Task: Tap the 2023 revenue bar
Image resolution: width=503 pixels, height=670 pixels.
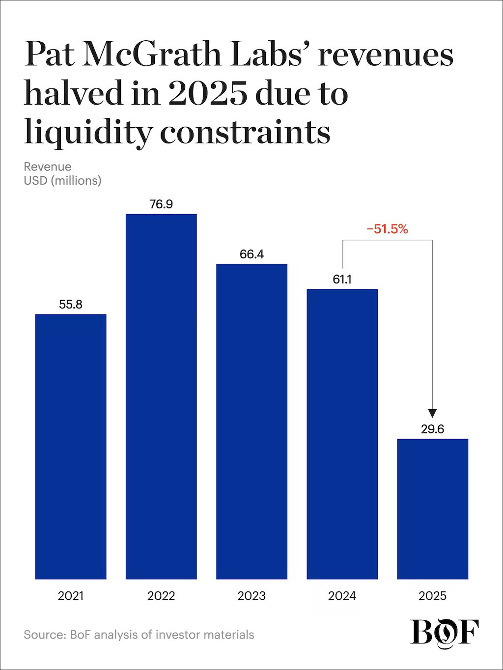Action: pyautogui.click(x=251, y=421)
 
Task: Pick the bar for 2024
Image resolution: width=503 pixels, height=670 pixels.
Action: pyautogui.click(x=342, y=434)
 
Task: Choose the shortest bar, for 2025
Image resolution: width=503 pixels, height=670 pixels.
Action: pyautogui.click(x=432, y=508)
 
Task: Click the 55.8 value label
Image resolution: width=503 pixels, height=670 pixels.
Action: pyautogui.click(x=71, y=305)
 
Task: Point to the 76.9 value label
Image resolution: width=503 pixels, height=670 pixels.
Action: pyautogui.click(x=161, y=204)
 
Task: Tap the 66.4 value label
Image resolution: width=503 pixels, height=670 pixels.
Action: pyautogui.click(x=251, y=254)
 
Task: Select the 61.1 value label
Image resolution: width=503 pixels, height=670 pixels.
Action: pyautogui.click(x=342, y=279)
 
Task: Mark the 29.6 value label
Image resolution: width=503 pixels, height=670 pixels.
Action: pyautogui.click(x=432, y=429)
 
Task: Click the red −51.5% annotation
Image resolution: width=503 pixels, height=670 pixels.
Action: pyautogui.click(x=388, y=229)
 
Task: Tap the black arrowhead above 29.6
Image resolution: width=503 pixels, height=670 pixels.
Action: pyautogui.click(x=432, y=414)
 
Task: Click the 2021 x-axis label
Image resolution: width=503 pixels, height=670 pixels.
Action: pyautogui.click(x=71, y=596)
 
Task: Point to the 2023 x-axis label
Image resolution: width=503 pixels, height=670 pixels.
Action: pyautogui.click(x=251, y=596)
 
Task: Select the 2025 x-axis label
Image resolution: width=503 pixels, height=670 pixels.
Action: pyautogui.click(x=432, y=596)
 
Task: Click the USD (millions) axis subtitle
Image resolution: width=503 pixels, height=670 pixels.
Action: pyautogui.click(x=62, y=181)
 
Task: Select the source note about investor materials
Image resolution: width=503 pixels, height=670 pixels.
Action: pyautogui.click(x=139, y=635)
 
